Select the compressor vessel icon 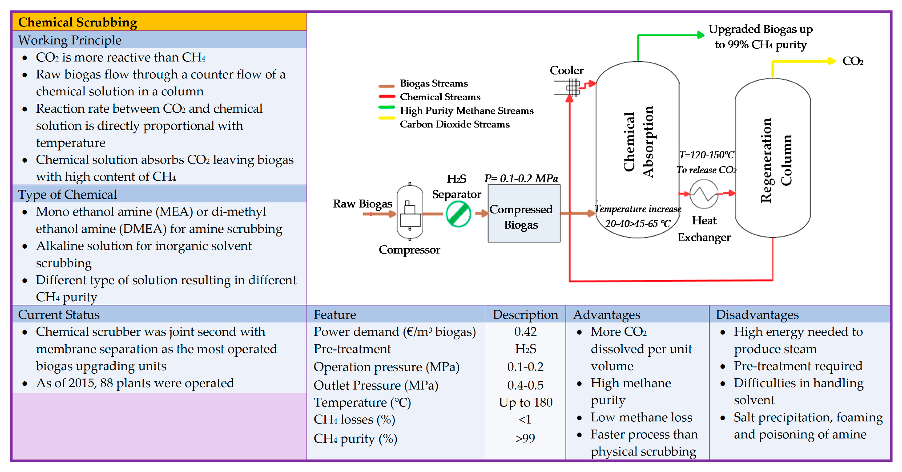(x=410, y=212)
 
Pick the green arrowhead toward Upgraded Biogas (x=700, y=35)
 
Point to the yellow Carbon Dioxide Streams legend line (x=387, y=118)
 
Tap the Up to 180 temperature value (x=525, y=402)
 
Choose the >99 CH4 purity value (x=525, y=438)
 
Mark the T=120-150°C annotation (x=706, y=155)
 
